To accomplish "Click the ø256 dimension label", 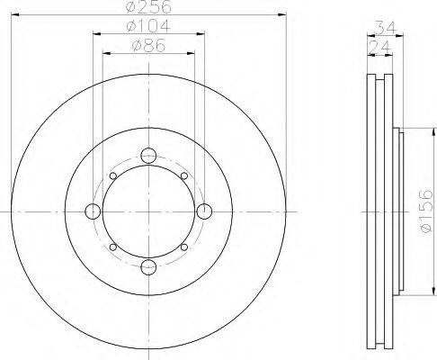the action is coord(148,6).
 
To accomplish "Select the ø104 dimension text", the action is coord(148,26).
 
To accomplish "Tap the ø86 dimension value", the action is coord(148,46).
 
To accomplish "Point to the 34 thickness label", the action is coord(386,28).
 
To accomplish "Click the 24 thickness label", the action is coord(379,47).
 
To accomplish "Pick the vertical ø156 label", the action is coord(426,211).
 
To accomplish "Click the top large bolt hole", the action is coord(148,156).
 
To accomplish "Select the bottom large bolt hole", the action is coord(148,267).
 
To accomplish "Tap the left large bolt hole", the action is coord(93,211).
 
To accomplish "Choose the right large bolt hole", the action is coord(204,211).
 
